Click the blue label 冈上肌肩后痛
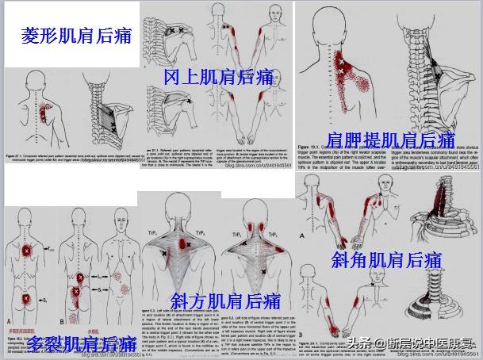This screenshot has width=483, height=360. [218, 77]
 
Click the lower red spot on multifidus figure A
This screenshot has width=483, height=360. [30, 298]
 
